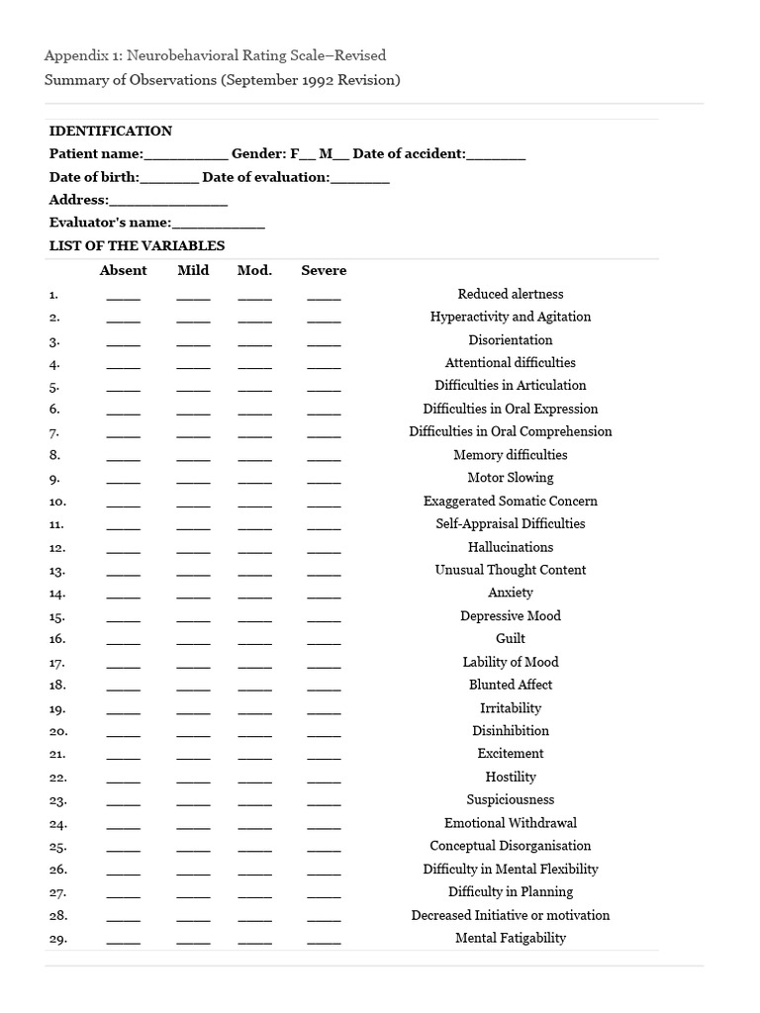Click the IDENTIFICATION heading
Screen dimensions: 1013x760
111,131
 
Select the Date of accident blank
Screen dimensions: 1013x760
496,155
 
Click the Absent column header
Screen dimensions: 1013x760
124,270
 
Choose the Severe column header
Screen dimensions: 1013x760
324,270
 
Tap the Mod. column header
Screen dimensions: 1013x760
254,270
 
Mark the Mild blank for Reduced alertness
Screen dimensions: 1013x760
194,296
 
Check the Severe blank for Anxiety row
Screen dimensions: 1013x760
324,596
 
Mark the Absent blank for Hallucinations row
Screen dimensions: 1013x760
124,549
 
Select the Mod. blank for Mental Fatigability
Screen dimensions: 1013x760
254,941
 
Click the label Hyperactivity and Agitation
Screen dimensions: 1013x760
511,317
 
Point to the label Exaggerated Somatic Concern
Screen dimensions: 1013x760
511,501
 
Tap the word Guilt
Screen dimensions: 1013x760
511,638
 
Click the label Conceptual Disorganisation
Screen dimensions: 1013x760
511,846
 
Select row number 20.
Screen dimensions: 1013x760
57,731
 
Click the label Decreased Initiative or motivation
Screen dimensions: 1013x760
511,915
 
